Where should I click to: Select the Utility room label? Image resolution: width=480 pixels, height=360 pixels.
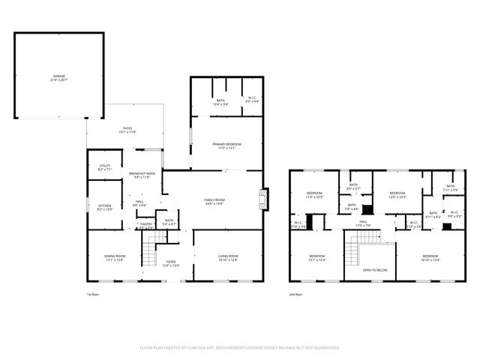pyautogui.click(x=105, y=168)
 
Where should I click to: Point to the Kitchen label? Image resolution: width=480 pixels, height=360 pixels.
pyautogui.click(x=105, y=207)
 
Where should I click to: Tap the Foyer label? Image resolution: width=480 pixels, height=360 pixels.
pyautogui.click(x=171, y=263)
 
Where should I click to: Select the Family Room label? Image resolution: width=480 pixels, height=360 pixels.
pyautogui.click(x=215, y=200)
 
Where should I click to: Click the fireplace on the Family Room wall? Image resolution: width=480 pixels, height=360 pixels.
pyautogui.click(x=262, y=199)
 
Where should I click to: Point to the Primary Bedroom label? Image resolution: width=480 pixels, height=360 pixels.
pyautogui.click(x=225, y=145)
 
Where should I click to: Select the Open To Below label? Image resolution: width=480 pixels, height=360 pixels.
pyautogui.click(x=374, y=269)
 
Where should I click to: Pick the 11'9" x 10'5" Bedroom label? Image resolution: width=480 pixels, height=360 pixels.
pyautogui.click(x=314, y=196)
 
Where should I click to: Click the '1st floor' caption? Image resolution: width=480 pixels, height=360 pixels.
pyautogui.click(x=93, y=295)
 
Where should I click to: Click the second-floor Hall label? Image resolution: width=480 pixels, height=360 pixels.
pyautogui.click(x=362, y=223)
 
